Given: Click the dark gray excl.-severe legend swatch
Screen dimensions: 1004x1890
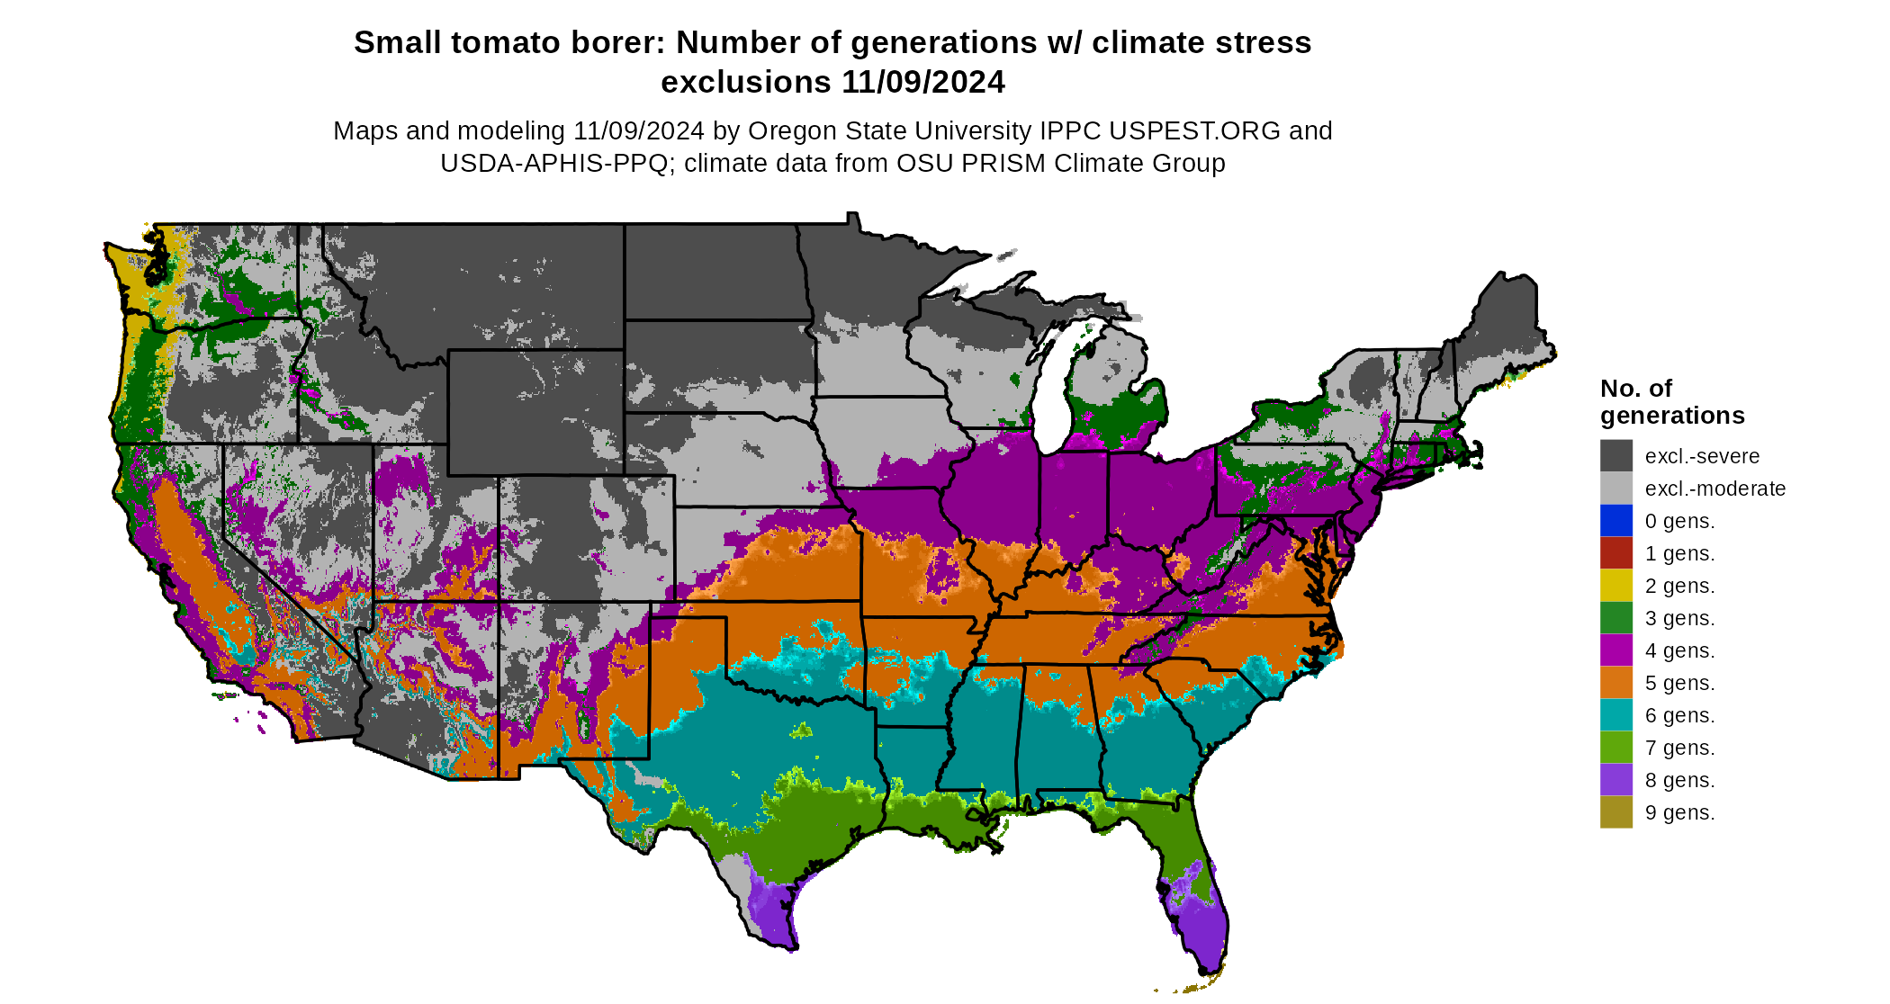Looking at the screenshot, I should coord(1615,455).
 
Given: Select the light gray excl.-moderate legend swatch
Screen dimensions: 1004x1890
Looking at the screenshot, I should coord(1615,488).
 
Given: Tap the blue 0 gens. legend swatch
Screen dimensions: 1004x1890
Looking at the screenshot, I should coord(1615,520).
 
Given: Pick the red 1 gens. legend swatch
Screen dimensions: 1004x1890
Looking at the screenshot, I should coord(1615,552).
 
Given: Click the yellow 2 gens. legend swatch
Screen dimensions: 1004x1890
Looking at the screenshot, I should coord(1615,585).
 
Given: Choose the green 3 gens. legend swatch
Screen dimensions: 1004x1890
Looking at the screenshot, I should coord(1615,617).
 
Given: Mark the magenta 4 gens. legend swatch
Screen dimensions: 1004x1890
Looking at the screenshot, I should coord(1615,650).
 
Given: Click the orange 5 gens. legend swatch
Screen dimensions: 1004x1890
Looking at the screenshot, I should coord(1615,682).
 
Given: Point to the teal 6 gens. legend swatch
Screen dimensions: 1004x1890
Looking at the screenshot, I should coord(1615,714).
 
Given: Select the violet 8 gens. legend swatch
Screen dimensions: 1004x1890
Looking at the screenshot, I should coord(1615,779).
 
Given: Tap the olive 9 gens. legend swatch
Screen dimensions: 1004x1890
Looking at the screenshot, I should coord(1615,811).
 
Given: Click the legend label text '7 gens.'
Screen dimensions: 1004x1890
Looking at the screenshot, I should coord(1679,748).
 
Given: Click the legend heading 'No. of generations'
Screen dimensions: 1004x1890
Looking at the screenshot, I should coord(1671,401).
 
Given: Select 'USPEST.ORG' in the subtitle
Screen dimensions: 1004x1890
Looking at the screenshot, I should coord(1194,130).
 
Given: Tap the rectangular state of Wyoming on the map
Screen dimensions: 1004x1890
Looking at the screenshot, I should coord(535,412).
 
